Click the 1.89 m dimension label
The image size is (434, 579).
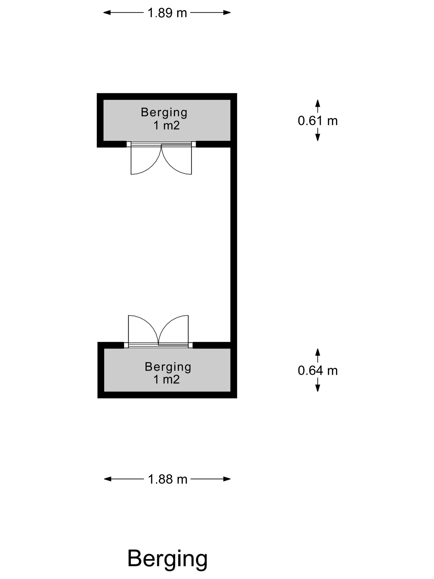point(167,13)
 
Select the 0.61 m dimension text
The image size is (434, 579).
point(318,121)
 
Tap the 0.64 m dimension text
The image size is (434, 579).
point(318,371)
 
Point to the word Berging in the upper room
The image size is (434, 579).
point(164,112)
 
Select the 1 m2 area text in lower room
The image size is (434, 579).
point(166,379)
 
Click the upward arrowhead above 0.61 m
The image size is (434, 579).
point(318,103)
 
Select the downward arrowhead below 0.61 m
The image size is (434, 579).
point(318,138)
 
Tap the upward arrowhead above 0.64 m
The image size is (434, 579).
point(318,352)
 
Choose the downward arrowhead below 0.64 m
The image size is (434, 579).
point(318,388)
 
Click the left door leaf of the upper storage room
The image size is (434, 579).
point(143,161)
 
